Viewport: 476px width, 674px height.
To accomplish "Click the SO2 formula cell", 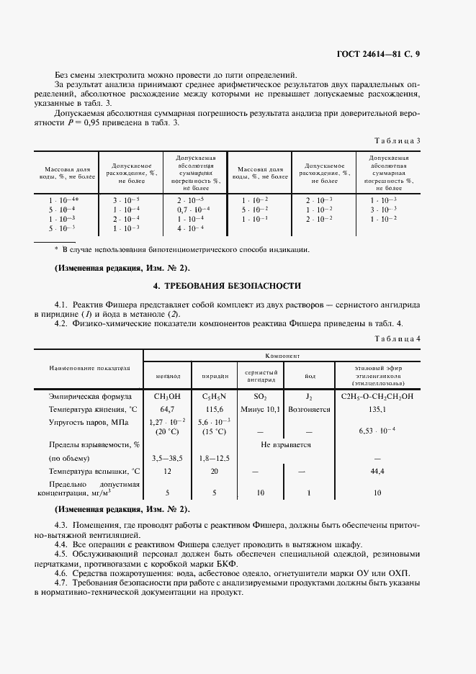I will [x=261, y=395].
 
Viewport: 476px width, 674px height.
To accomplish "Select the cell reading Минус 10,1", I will [x=261, y=409].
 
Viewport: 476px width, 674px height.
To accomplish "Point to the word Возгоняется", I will [x=308, y=409].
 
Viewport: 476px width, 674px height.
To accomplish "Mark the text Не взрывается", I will [x=285, y=444].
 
